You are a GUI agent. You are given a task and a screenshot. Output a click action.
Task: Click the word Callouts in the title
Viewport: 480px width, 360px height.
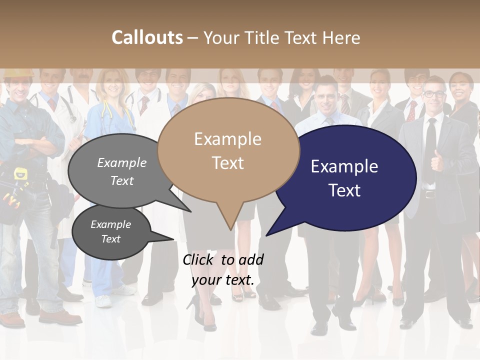147,37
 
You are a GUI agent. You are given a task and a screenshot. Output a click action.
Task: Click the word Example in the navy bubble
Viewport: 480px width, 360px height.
344,166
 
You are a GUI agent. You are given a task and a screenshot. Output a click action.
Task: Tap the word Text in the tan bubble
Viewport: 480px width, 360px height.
228,163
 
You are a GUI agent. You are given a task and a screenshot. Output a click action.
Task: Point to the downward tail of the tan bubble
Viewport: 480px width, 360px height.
229,220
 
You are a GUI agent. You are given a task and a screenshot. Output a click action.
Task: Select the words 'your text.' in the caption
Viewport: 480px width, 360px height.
223,280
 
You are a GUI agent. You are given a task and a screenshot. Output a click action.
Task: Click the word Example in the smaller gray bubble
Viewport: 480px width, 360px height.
110,224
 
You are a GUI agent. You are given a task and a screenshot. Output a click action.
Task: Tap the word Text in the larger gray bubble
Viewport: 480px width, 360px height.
122,180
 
